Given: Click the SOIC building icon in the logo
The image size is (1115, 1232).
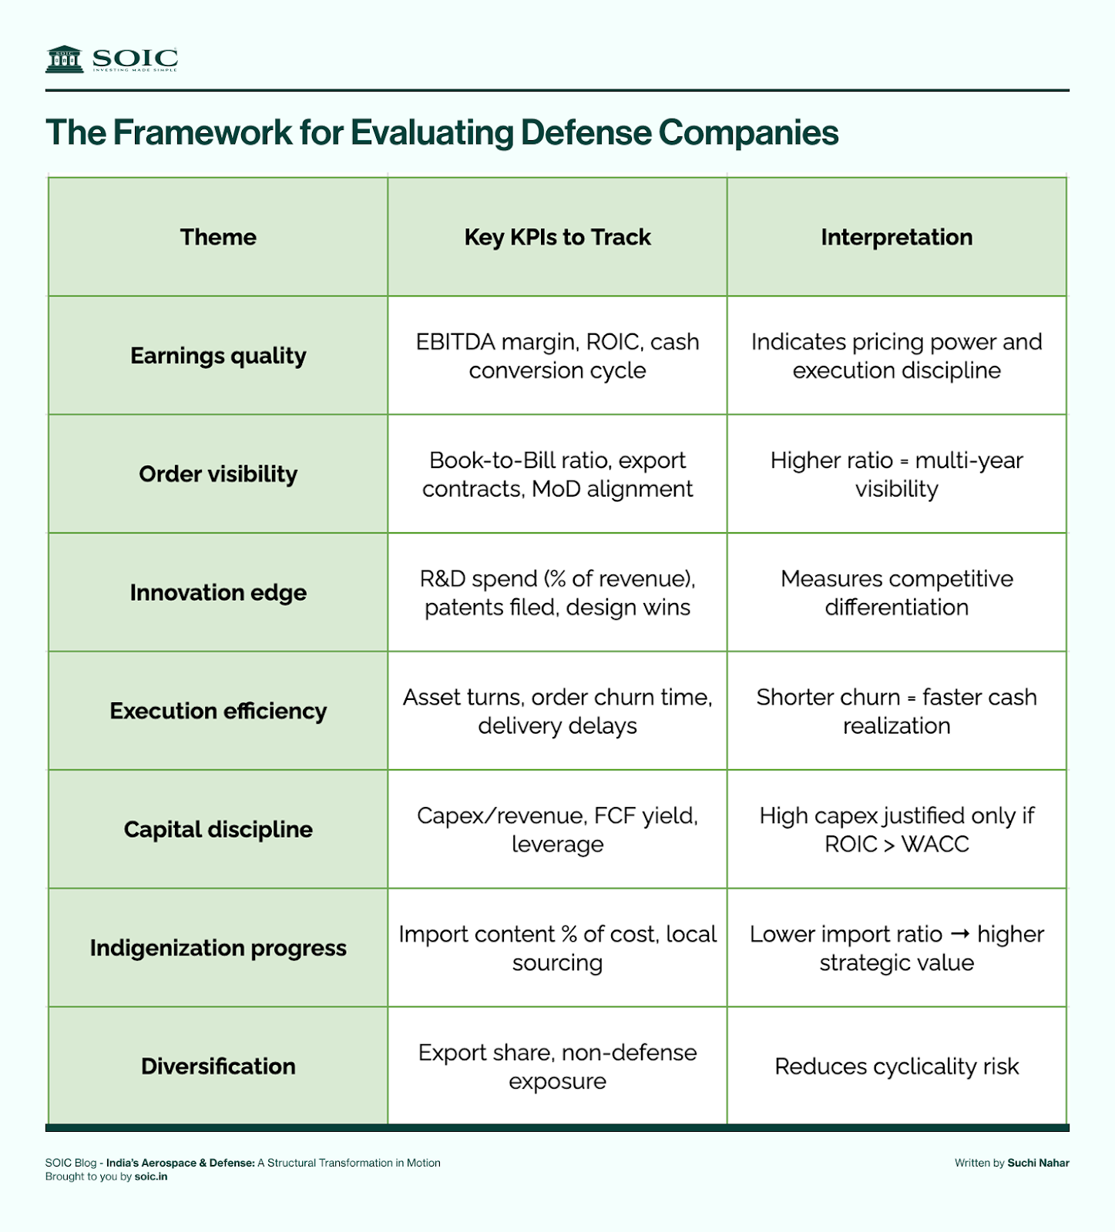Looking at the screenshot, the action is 64,59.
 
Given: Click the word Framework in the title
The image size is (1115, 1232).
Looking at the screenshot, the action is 203,132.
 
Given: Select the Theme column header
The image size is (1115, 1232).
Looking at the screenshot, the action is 218,237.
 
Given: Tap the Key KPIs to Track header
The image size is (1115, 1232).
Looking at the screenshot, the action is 557,237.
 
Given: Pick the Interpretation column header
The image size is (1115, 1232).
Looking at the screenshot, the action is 896,237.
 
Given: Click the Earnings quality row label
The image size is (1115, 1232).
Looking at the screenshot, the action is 218,356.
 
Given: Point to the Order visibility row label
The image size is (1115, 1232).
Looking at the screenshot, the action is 218,474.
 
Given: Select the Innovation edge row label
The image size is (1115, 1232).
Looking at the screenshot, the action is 218,593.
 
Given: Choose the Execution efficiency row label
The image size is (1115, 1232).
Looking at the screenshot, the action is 218,711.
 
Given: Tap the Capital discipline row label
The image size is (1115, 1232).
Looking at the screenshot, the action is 218,829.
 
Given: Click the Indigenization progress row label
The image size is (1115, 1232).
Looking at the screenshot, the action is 218,948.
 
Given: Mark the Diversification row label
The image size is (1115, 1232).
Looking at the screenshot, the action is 218,1066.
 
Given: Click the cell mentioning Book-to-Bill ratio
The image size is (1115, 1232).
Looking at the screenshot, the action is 557,474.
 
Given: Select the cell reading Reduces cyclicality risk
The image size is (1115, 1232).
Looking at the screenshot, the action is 896,1066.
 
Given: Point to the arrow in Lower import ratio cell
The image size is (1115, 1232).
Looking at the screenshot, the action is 959,934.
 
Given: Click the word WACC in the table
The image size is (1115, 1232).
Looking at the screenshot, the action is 935,845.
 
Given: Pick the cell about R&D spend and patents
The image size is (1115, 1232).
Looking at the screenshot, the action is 557,593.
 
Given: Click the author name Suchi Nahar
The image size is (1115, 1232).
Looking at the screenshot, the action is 1038,1163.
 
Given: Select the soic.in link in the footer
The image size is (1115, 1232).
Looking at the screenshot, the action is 151,1177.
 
